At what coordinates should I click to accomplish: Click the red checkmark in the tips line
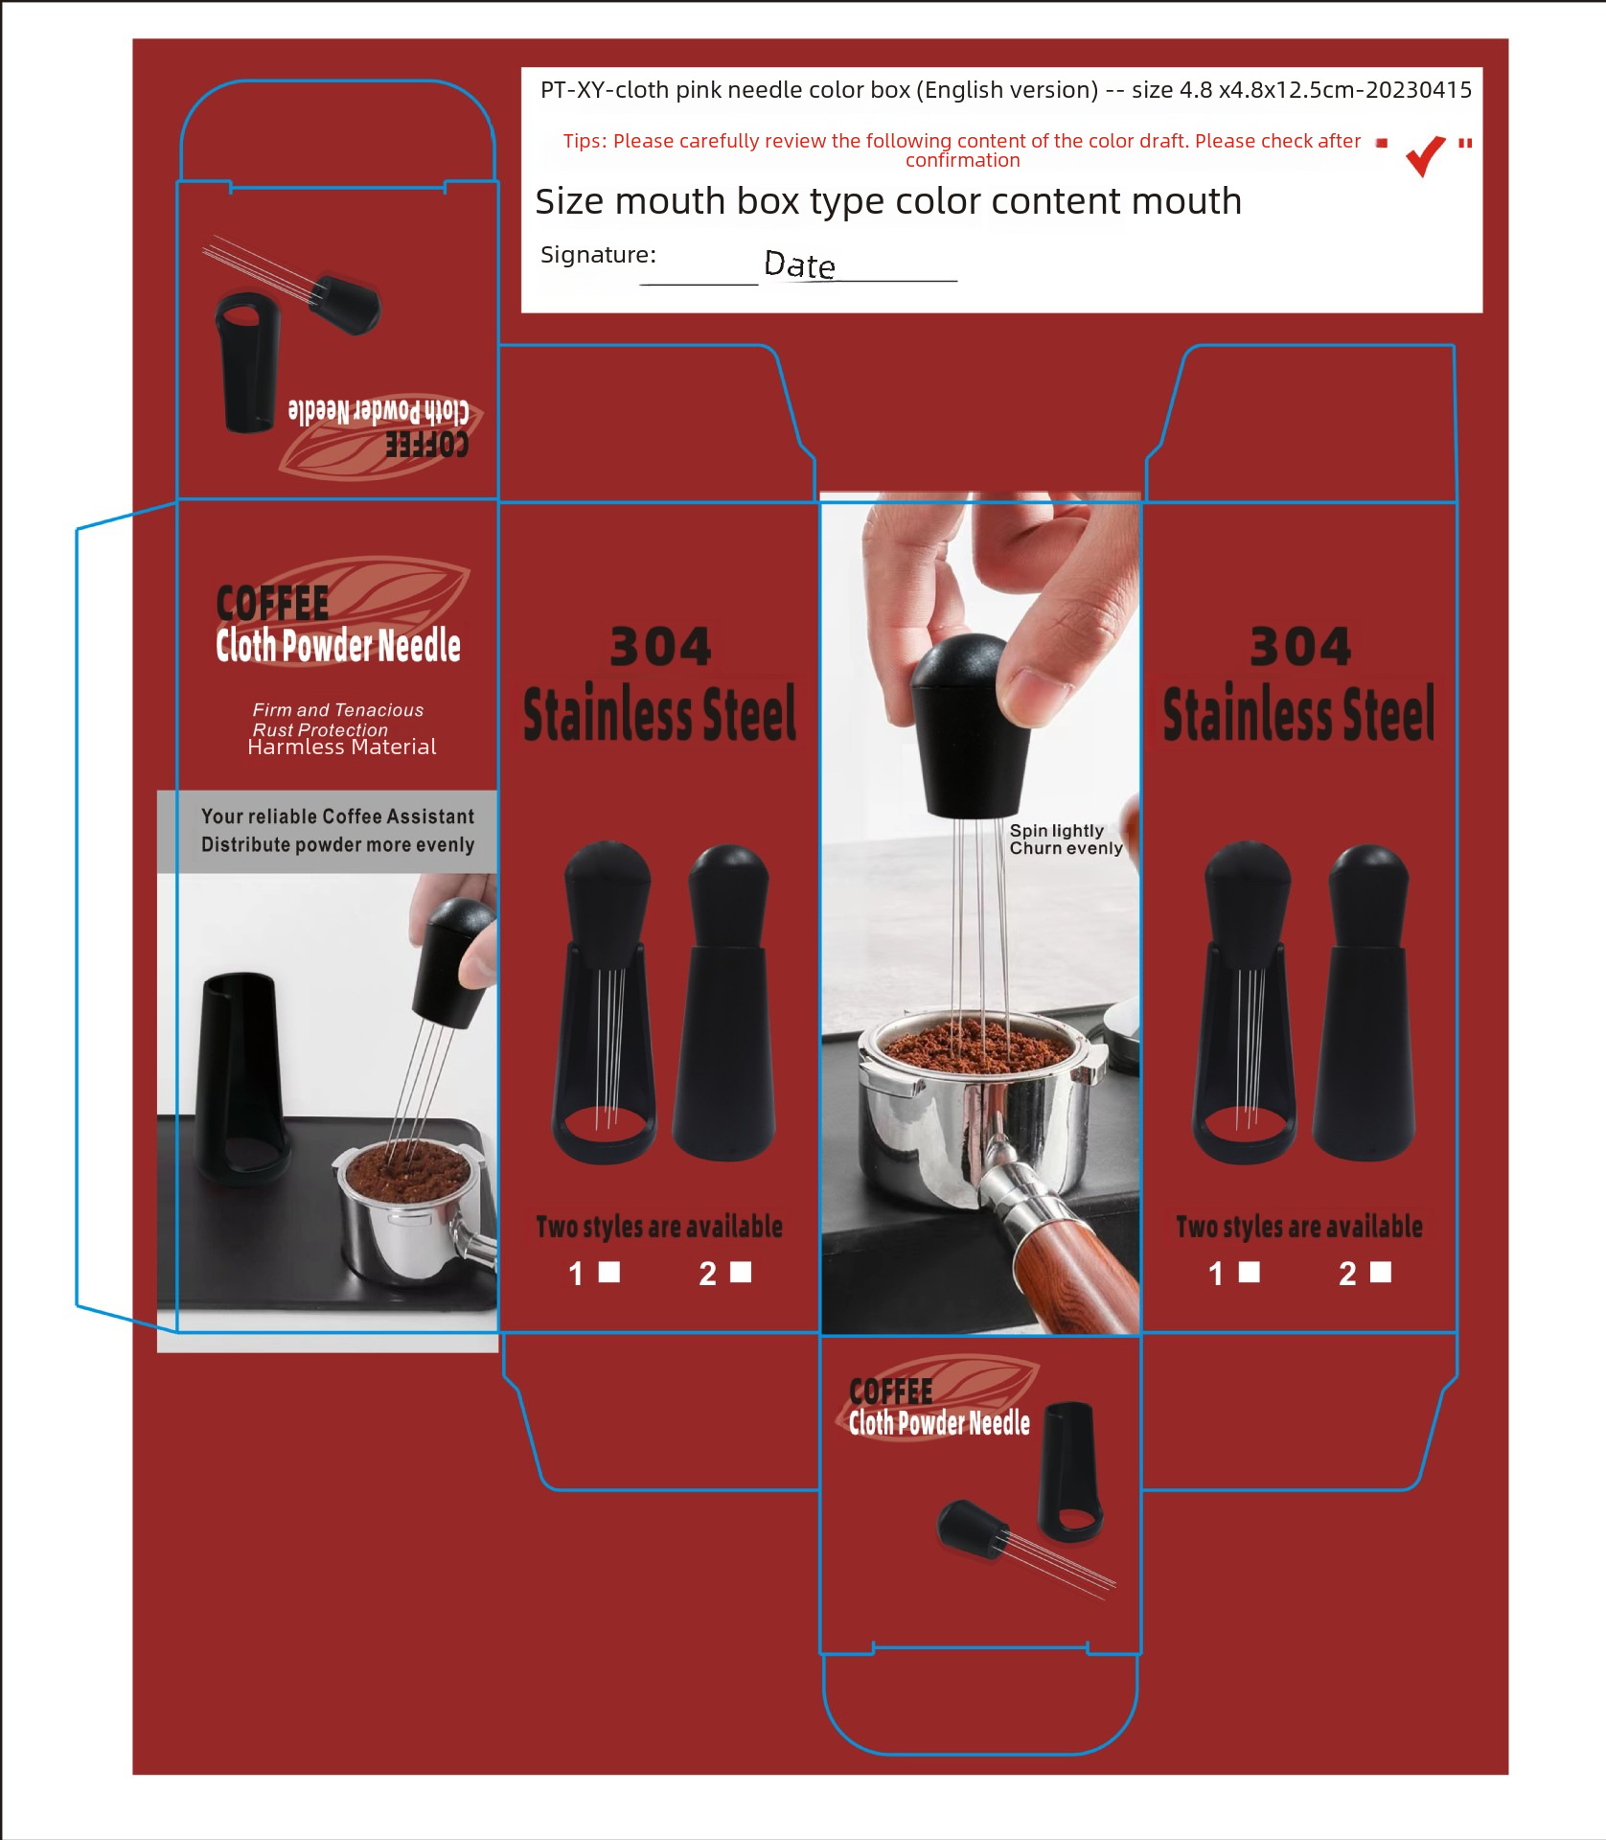tap(1425, 155)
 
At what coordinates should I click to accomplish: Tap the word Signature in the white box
tap(598, 255)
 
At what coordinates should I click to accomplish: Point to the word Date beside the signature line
tap(799, 264)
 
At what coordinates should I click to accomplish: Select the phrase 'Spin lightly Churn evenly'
tap(1066, 839)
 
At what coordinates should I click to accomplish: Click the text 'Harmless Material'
tap(342, 747)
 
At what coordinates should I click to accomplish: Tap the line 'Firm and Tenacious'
tap(338, 710)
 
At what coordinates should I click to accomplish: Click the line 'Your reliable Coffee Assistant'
tap(337, 816)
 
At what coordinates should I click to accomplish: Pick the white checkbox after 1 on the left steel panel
tap(609, 1272)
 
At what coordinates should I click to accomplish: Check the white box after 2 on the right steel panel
tap(1381, 1272)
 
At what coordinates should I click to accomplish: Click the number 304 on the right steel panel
tap(1300, 647)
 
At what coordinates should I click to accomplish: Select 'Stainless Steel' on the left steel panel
tap(660, 713)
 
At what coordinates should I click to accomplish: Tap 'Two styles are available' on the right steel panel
tap(1299, 1227)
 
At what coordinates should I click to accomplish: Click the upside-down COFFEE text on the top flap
tap(427, 445)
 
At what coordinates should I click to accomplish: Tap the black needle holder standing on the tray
tap(240, 1076)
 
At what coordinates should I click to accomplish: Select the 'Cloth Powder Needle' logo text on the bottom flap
tap(939, 1424)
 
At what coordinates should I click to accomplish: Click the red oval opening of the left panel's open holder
tap(605, 1121)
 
